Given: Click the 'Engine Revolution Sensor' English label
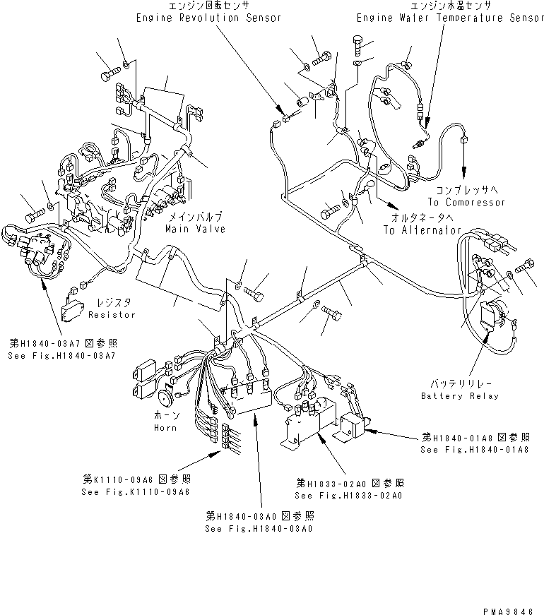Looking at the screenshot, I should point(208,18).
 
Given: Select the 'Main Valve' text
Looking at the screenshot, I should point(196,229).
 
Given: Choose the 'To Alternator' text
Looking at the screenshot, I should point(422,231).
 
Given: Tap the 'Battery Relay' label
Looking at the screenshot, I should point(459,396).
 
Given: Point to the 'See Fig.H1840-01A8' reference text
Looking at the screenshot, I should point(474,450).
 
